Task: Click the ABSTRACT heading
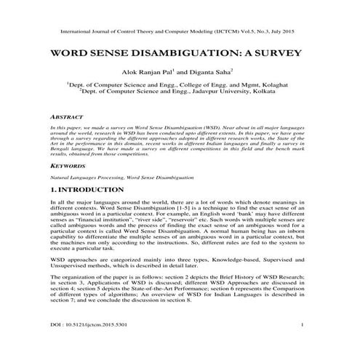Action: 65,116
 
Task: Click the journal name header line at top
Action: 180,32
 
